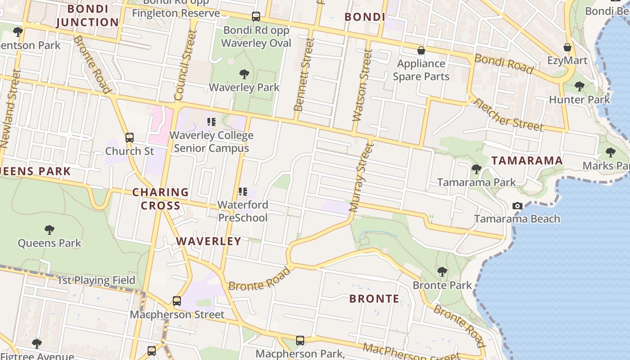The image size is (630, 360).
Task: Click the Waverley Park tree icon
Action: [244, 74]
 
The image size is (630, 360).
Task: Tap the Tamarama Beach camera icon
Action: [517, 206]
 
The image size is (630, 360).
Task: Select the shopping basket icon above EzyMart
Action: [567, 47]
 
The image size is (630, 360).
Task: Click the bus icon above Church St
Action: [130, 137]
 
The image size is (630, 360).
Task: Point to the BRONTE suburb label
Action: [374, 299]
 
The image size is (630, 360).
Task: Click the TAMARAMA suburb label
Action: [526, 161]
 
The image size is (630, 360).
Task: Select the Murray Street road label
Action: [361, 177]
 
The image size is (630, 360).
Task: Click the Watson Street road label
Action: [362, 86]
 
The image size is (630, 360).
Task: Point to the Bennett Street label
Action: [304, 75]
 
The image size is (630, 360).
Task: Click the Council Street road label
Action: [185, 65]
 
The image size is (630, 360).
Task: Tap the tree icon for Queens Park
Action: [49, 230]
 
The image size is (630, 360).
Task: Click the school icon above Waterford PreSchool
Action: [243, 192]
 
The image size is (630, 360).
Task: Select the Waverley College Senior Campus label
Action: [211, 142]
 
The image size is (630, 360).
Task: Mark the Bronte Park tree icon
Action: [442, 272]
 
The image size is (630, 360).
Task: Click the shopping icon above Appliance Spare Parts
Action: [421, 50]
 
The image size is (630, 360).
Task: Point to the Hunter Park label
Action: [579, 99]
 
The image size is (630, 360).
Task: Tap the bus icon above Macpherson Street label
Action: [177, 301]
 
